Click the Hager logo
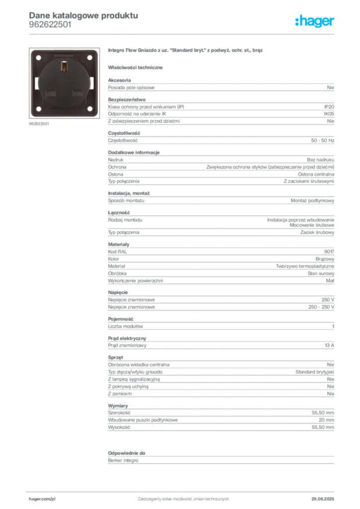315,21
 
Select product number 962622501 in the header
50,25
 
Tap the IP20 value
329,107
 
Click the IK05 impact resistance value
329,114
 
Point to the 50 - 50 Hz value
322,141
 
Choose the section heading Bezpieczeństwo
127,99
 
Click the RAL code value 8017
329,252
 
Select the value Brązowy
325,259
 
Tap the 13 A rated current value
330,345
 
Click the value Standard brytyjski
315,372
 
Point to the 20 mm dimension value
326,420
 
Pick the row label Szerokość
119,413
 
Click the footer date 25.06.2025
323,499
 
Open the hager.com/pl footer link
42,499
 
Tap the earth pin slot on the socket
64,67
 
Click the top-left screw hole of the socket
38,58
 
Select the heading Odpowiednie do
127,453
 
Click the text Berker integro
123,461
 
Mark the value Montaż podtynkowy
312,201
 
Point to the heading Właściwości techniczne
135,68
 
